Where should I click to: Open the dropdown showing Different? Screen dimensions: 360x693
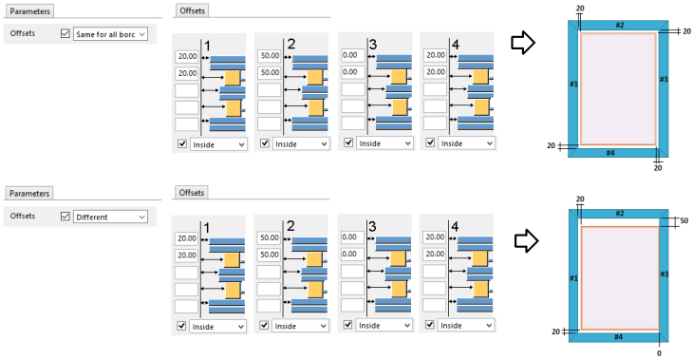[x=110, y=217]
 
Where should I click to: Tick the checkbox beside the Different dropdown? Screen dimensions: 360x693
[x=65, y=217]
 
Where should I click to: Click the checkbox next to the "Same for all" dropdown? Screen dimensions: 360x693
[x=65, y=33]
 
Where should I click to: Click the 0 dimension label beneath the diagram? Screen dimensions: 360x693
[x=658, y=351]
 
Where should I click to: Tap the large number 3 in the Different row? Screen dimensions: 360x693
[x=373, y=228]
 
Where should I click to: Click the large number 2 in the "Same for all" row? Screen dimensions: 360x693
[x=291, y=45]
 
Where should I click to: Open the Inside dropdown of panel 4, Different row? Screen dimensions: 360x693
[x=464, y=326]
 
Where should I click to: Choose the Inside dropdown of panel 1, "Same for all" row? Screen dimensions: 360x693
[x=217, y=143]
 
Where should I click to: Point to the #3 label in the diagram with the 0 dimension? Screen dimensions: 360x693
[x=665, y=274]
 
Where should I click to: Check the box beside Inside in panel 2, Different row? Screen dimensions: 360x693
[x=263, y=326]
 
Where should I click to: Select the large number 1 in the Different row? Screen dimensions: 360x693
[x=207, y=228]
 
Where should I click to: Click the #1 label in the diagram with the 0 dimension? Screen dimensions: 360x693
[x=572, y=277]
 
